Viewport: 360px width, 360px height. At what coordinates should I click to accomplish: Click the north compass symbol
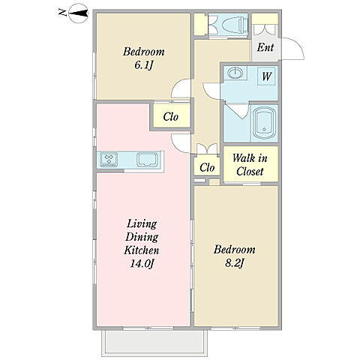point(78,13)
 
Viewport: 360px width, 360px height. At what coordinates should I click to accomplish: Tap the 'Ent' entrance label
point(265,47)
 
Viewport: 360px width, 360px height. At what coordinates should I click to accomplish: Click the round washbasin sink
point(235,73)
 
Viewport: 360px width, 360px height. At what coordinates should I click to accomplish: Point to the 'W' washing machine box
point(267,76)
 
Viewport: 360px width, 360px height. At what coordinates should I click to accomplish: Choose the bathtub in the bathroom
point(264,123)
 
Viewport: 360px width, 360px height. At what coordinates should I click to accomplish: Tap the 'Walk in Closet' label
point(250,165)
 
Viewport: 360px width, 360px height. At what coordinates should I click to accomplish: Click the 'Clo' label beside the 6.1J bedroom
point(171,116)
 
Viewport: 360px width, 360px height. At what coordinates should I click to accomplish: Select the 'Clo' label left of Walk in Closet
point(207,167)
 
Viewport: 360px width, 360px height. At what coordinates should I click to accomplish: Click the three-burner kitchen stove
point(109,160)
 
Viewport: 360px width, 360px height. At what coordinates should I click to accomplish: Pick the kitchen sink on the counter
point(147,159)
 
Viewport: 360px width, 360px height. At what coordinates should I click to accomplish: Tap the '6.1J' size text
point(143,65)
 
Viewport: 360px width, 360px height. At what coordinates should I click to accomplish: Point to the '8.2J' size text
point(234,263)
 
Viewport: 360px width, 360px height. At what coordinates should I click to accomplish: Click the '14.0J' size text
point(142,264)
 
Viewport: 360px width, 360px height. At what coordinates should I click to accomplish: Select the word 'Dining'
point(142,237)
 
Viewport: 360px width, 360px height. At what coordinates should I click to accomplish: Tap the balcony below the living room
point(154,343)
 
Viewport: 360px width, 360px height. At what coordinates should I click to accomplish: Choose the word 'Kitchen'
point(142,250)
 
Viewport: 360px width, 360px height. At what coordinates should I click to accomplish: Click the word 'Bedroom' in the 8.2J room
point(234,250)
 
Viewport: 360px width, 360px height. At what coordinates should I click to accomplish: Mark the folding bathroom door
point(236,110)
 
